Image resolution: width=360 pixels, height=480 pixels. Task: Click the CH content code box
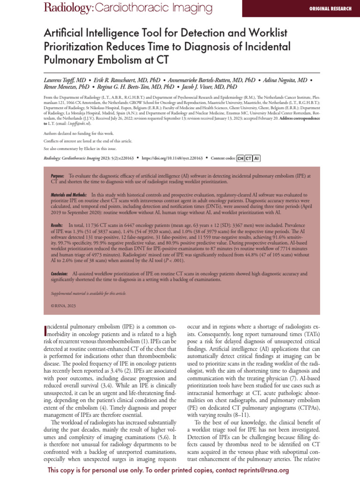tap(240, 158)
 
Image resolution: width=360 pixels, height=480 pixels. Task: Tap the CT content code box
tap(248, 158)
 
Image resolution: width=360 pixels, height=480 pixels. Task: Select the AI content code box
tap(256, 158)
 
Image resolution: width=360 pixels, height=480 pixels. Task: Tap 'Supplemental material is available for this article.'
tap(89, 293)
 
